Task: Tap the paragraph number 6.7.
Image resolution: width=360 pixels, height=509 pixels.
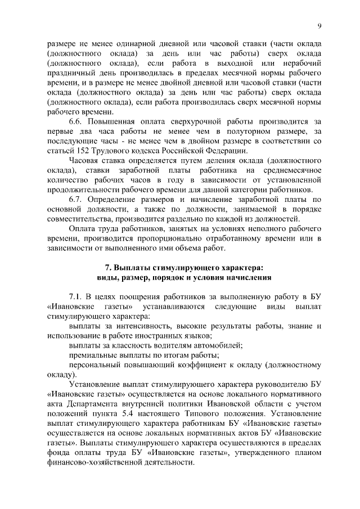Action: coord(76,199)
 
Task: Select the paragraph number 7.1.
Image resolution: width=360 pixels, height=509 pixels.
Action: coord(76,296)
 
